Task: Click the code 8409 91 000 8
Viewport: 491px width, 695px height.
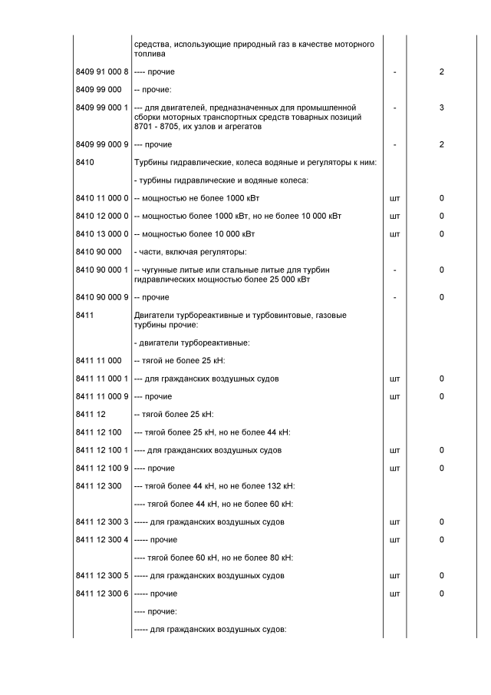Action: pyautogui.click(x=102, y=71)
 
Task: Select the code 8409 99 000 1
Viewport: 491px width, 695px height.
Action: pyautogui.click(x=102, y=108)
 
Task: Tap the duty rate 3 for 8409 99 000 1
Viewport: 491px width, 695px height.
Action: pyautogui.click(x=442, y=108)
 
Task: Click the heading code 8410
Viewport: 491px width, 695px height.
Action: pyautogui.click(x=85, y=162)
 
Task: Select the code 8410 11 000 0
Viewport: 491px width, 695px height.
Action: pyautogui.click(x=102, y=198)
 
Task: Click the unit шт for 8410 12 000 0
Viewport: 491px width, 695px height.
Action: pyautogui.click(x=394, y=216)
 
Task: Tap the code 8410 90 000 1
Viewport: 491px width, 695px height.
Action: pyautogui.click(x=102, y=270)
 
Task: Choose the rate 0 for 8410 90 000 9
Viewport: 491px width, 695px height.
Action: pyautogui.click(x=442, y=297)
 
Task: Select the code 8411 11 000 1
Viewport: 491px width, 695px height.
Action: pyautogui.click(x=102, y=379)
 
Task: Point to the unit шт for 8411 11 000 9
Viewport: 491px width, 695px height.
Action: pyautogui.click(x=394, y=396)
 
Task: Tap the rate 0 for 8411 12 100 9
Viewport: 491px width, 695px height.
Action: pyautogui.click(x=442, y=468)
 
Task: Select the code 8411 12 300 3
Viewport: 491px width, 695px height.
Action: pyautogui.click(x=102, y=522)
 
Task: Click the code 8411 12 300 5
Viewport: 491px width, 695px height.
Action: pyautogui.click(x=102, y=575)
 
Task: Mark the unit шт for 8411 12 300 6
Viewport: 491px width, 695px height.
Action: pyautogui.click(x=394, y=594)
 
